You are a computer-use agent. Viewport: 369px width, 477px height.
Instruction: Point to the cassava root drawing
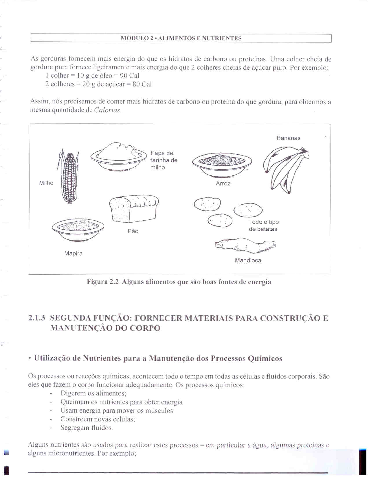click(245, 245)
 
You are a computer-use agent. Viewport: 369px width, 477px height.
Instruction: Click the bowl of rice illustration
click(222, 164)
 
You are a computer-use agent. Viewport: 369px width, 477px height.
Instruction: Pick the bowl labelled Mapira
click(78, 228)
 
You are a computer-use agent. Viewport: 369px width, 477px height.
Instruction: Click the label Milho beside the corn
click(46, 183)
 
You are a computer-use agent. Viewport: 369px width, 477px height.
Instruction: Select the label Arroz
click(223, 184)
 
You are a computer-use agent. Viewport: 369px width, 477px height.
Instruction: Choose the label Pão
click(133, 231)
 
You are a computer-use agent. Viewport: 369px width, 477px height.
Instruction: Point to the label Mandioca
click(248, 260)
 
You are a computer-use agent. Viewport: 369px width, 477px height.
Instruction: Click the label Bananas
click(288, 138)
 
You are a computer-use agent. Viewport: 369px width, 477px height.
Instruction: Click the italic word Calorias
click(107, 110)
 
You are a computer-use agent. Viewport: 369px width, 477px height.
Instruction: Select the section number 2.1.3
click(37, 318)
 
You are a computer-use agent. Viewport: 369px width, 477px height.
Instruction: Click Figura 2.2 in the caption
click(103, 282)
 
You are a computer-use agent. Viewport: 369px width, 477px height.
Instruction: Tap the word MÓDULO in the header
click(135, 38)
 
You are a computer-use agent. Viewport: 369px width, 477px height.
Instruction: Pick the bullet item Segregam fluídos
click(87, 428)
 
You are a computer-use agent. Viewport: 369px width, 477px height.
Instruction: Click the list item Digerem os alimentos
click(93, 393)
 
